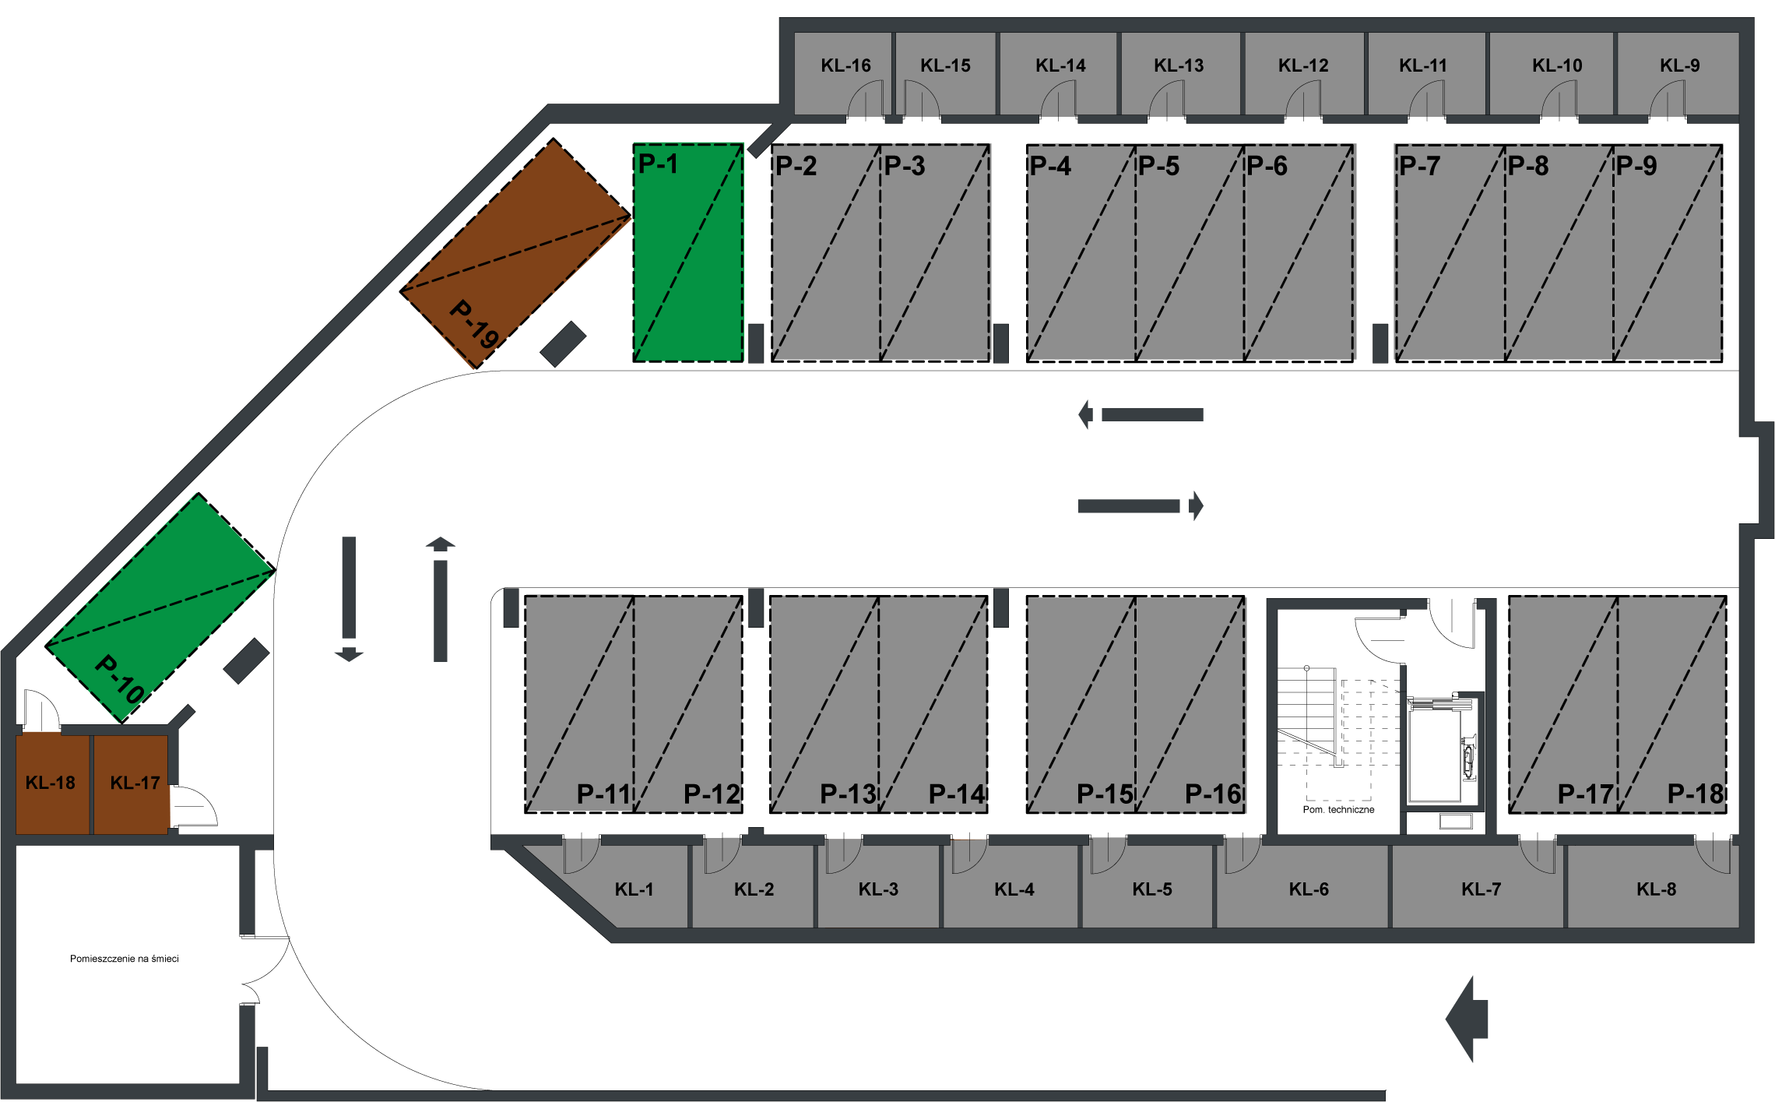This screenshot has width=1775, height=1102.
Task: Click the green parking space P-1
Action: pyautogui.click(x=688, y=253)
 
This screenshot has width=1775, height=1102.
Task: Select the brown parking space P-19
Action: pyautogui.click(x=515, y=253)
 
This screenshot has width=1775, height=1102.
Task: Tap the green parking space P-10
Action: pyautogui.click(x=160, y=608)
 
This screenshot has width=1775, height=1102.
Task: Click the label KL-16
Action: pyautogui.click(x=845, y=65)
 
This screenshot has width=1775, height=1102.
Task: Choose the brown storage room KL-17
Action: pyautogui.click(x=131, y=783)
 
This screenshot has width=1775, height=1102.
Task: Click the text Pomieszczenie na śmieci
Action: pyautogui.click(x=125, y=959)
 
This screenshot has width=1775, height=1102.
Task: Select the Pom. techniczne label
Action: pyautogui.click(x=1338, y=810)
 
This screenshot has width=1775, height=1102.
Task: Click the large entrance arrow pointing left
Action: pyautogui.click(x=1467, y=1019)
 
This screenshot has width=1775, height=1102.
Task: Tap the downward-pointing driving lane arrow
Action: pyautogui.click(x=349, y=599)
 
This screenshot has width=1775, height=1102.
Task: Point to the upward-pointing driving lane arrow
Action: pyautogui.click(x=441, y=599)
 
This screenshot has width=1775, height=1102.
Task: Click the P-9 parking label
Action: pyautogui.click(x=1636, y=166)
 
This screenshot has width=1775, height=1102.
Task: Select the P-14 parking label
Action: pyautogui.click(x=957, y=794)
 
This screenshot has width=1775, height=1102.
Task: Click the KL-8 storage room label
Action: pyautogui.click(x=1656, y=889)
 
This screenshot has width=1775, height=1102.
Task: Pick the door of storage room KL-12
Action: pyautogui.click(x=1303, y=100)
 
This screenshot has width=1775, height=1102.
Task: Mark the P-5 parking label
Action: pyautogui.click(x=1158, y=166)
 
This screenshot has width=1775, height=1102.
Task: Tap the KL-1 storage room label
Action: pyautogui.click(x=634, y=889)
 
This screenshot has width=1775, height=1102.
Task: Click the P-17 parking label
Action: pyautogui.click(x=1586, y=794)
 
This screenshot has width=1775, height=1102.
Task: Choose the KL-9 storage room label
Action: pyautogui.click(x=1679, y=65)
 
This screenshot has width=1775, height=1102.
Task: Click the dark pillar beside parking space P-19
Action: pyautogui.click(x=563, y=344)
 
